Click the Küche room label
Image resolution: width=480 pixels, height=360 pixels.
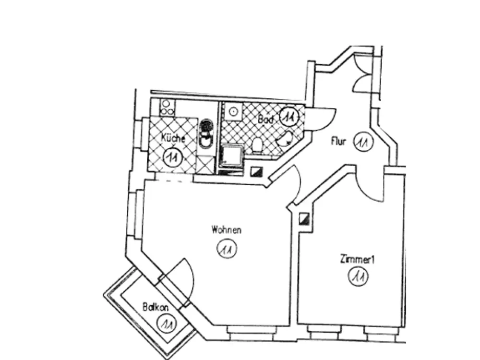[173, 138]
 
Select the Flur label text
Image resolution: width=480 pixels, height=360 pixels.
[338, 142]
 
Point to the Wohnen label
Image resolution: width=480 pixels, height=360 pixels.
[226, 229]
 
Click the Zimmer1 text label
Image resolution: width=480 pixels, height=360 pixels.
[357, 260]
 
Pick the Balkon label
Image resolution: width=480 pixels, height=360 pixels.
[156, 307]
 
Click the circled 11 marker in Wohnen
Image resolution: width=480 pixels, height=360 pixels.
[227, 249]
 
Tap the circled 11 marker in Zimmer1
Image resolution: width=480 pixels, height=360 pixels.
[358, 276]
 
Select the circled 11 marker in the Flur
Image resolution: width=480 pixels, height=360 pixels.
[363, 142]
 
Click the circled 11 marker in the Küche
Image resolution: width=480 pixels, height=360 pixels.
[173, 157]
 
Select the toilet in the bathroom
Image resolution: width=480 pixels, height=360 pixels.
[257, 145]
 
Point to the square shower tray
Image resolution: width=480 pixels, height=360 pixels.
[232, 156]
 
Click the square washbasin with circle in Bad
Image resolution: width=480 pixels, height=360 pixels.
[233, 111]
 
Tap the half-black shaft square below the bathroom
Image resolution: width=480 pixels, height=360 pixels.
[256, 172]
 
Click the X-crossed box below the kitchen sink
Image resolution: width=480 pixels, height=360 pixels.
[205, 164]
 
